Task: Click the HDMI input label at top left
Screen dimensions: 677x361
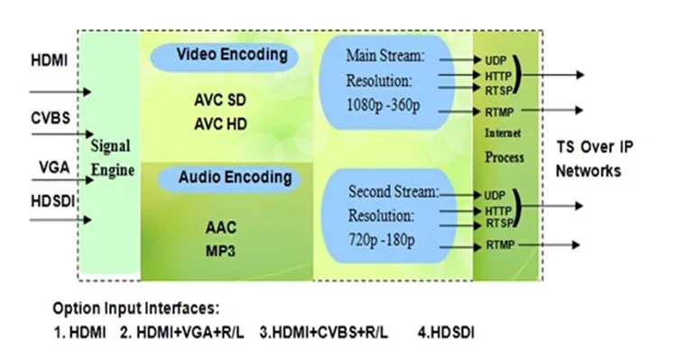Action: click(x=50, y=61)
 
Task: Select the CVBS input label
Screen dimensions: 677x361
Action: click(x=51, y=119)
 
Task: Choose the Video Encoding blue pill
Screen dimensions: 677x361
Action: click(x=231, y=55)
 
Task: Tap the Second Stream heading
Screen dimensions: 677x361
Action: click(x=394, y=191)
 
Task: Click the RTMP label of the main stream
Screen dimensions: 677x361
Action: click(x=496, y=111)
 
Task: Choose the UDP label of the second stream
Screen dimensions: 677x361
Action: click(x=494, y=194)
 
